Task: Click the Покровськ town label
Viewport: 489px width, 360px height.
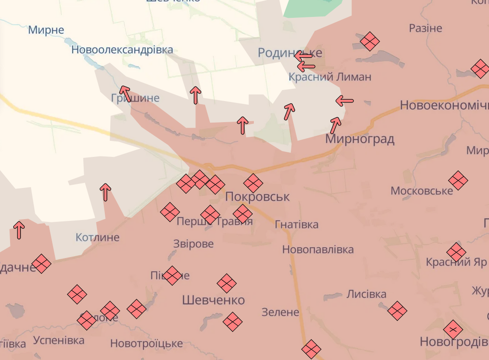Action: (258, 197)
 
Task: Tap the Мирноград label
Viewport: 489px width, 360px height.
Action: (360, 139)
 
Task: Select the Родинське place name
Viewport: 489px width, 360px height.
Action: (290, 53)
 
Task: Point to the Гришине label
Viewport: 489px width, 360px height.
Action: (135, 98)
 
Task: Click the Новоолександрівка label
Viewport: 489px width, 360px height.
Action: (122, 50)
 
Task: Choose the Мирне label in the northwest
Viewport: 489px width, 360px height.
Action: (46, 30)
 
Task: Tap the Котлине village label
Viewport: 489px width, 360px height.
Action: (97, 237)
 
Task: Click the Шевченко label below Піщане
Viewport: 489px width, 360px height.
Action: (213, 300)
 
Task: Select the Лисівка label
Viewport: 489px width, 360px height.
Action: (366, 294)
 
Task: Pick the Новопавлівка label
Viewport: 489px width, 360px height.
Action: (318, 250)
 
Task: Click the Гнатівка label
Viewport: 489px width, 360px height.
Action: (297, 225)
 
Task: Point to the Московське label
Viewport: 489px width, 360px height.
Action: (421, 191)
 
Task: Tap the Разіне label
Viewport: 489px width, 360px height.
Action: (425, 28)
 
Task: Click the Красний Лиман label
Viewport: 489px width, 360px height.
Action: (330, 77)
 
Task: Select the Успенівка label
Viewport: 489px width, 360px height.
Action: (59, 340)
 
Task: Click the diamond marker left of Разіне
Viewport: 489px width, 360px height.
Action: (370, 42)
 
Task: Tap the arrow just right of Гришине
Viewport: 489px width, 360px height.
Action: (195, 95)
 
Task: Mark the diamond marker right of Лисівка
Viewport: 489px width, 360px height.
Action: (397, 311)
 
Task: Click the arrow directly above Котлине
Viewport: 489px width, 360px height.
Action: (106, 192)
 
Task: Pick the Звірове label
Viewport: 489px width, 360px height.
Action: (193, 244)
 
